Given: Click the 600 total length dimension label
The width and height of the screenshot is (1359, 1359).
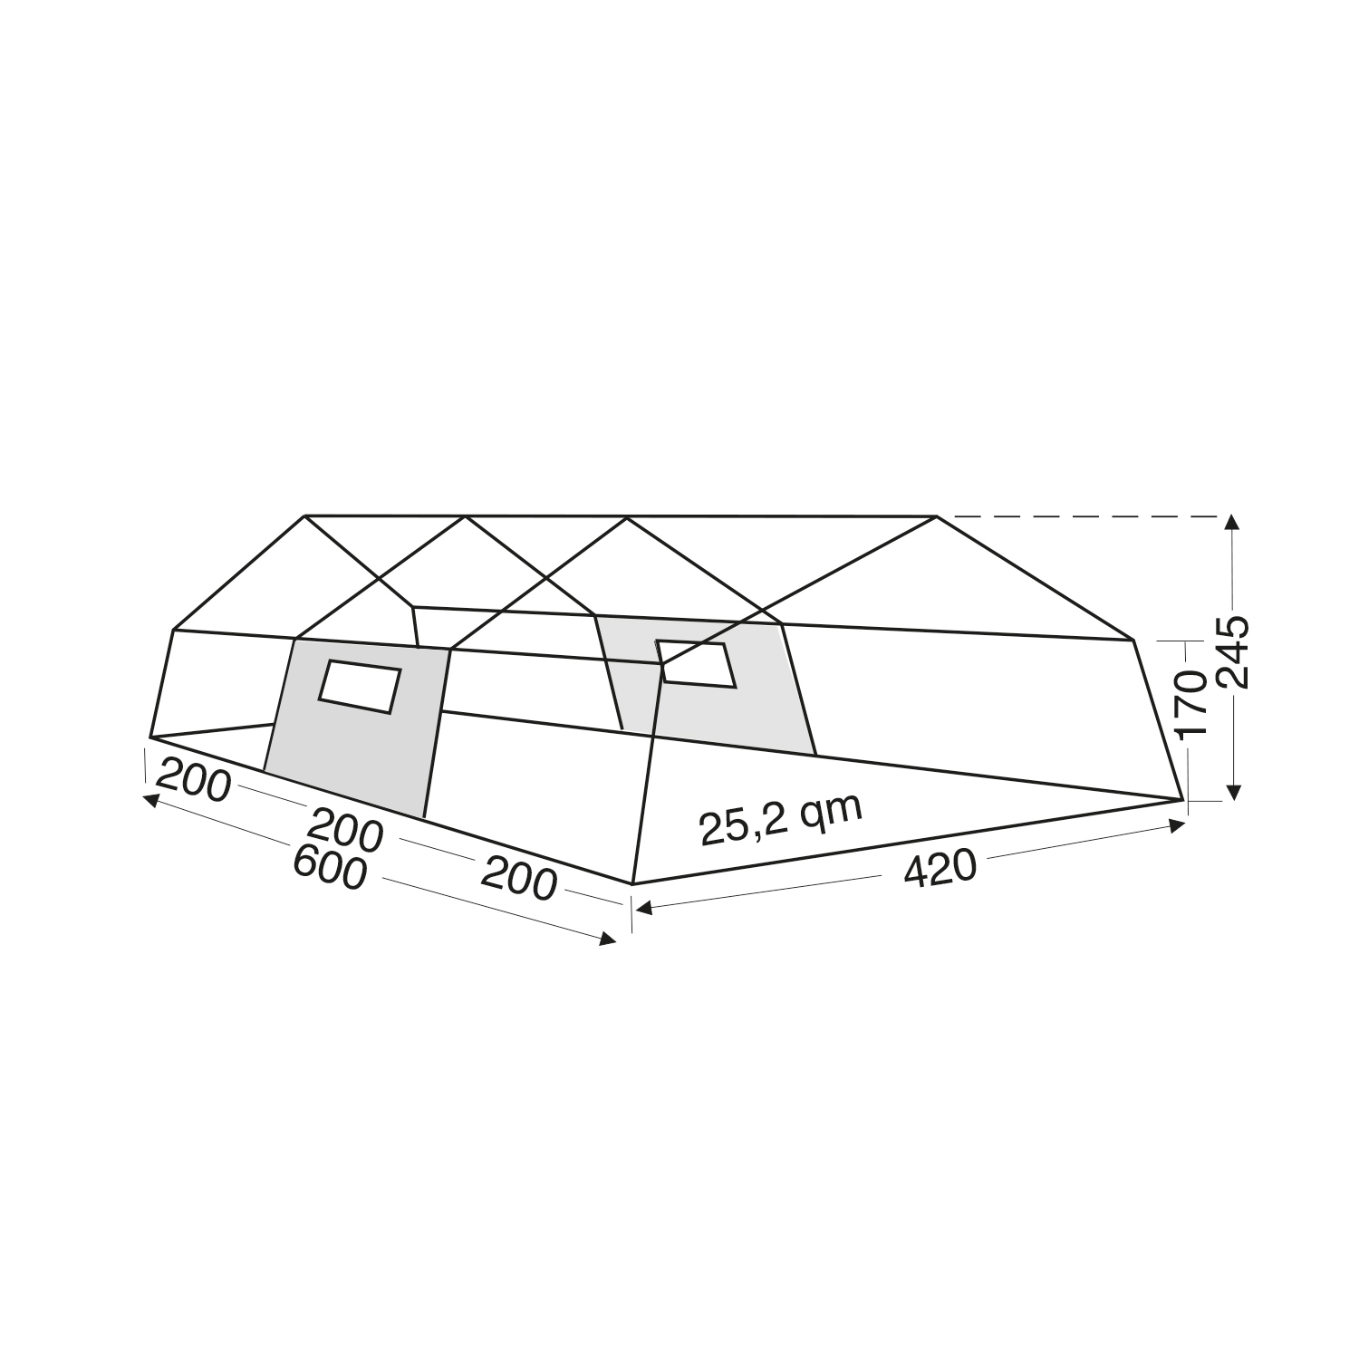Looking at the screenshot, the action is pyautogui.click(x=330, y=869).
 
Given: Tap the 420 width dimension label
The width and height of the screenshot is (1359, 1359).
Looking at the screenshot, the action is pyautogui.click(x=940, y=868).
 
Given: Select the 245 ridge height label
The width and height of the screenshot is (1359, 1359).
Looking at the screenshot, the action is pyautogui.click(x=1231, y=651).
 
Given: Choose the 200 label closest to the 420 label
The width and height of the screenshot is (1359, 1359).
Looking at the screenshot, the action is pyautogui.click(x=517, y=878).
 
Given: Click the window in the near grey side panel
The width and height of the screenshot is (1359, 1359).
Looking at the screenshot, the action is pyautogui.click(x=359, y=687).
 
